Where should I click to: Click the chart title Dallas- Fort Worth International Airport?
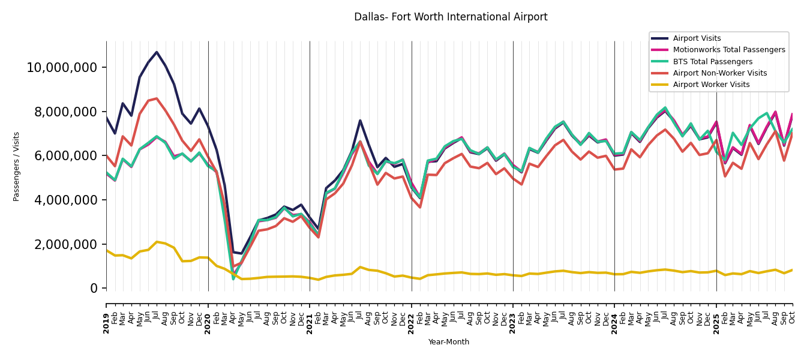click(x=451, y=17)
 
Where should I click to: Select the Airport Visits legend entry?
click(x=697, y=38)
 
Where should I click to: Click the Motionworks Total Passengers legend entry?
click(x=728, y=50)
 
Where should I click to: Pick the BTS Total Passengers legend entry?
click(x=712, y=62)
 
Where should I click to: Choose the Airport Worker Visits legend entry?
click(x=711, y=85)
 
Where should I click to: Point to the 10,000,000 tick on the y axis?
click(x=62, y=67)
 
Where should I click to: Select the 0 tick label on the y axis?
click(x=94, y=289)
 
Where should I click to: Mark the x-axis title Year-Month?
click(x=449, y=342)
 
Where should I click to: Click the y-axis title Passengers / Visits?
click(x=17, y=166)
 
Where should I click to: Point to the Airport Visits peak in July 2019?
click(x=157, y=52)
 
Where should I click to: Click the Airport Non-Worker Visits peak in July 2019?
click(x=157, y=98)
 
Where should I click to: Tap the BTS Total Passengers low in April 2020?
click(x=233, y=279)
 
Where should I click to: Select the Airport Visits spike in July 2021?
click(x=360, y=121)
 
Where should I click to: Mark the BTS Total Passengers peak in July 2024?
click(x=665, y=108)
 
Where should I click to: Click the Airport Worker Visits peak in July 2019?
click(x=157, y=242)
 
